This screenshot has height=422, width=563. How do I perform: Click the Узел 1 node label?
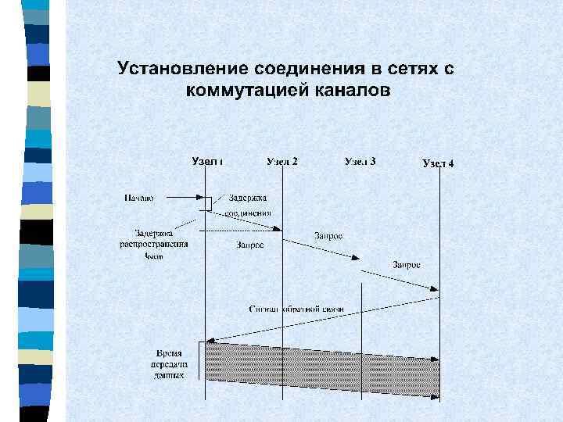click(207, 162)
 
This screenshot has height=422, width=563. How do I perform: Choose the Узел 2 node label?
click(281, 162)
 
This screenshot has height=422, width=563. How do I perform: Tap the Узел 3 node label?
click(360, 162)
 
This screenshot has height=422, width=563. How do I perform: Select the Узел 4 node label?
click(438, 163)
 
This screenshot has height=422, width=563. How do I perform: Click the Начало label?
click(138, 198)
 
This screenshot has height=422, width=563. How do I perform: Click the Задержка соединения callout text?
click(249, 205)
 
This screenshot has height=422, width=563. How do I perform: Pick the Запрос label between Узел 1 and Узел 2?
click(249, 245)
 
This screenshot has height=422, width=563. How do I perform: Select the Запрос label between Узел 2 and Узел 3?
click(328, 235)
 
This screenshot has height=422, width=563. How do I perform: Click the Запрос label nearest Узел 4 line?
click(407, 265)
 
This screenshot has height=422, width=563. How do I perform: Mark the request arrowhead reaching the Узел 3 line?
click(357, 259)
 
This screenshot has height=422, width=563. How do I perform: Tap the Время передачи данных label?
click(170, 364)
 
